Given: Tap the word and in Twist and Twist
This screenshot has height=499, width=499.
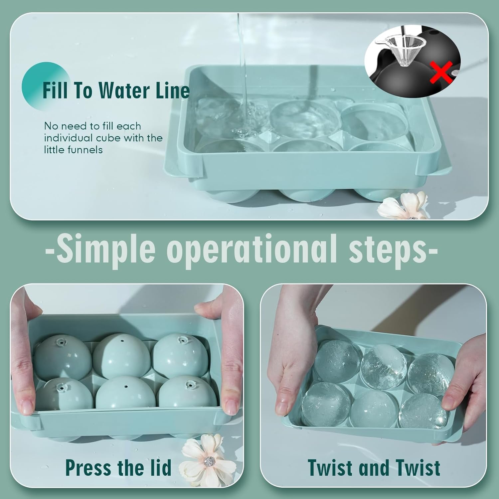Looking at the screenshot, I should (x=374, y=467).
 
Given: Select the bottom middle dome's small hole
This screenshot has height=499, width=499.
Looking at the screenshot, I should (x=126, y=387).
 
